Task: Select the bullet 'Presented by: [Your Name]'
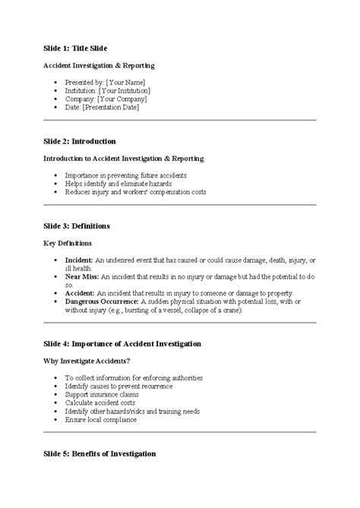[104, 81]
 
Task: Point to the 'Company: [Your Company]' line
[106, 99]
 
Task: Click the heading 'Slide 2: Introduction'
[80, 141]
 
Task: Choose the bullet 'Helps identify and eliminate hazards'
[118, 184]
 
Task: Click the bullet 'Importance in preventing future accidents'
[125, 175]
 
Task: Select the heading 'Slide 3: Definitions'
[77, 226]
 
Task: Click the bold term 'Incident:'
[79, 260]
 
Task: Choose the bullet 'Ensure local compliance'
[101, 419]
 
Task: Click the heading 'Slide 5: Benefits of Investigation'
[99, 453]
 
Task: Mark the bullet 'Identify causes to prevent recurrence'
[119, 386]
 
